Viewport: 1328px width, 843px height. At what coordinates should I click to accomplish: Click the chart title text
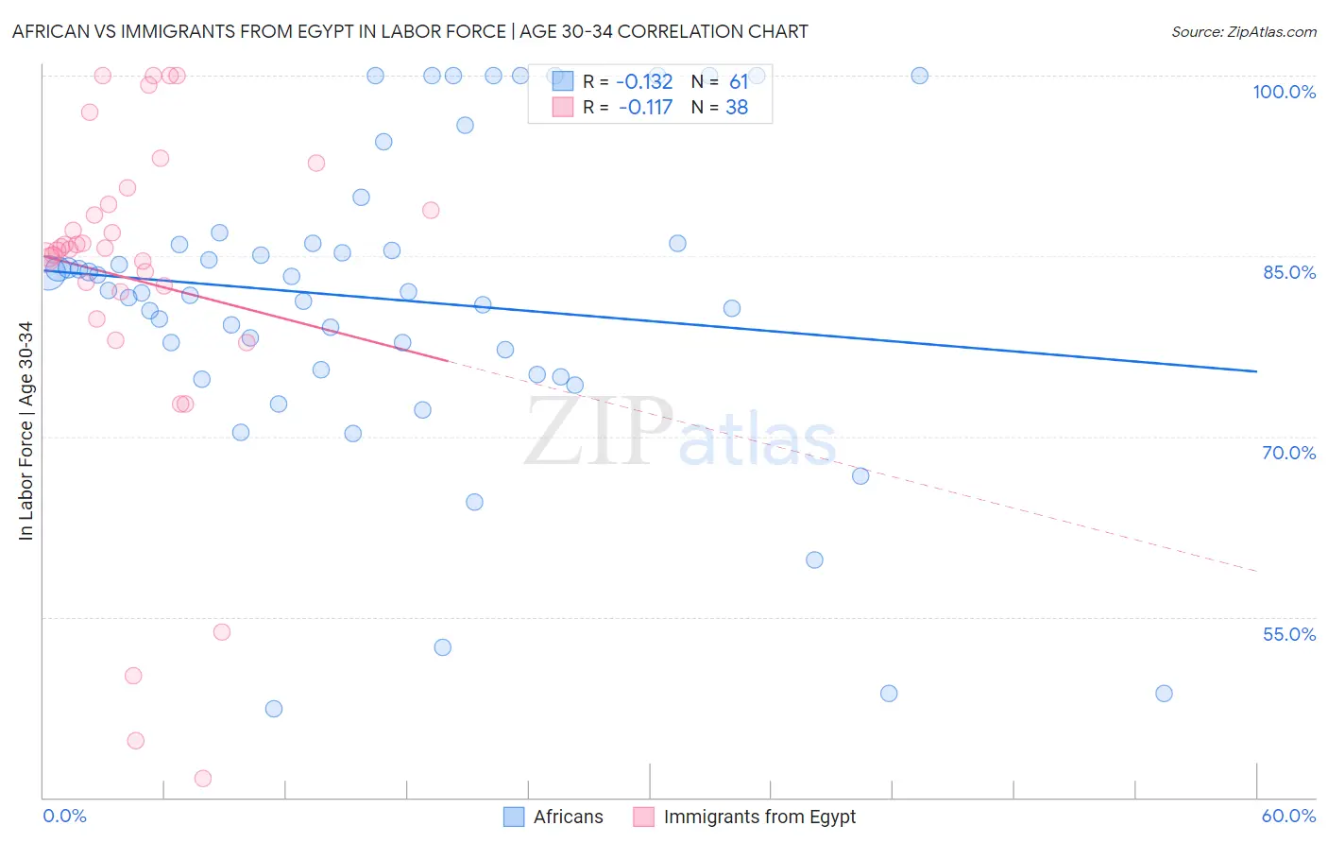[x=410, y=31]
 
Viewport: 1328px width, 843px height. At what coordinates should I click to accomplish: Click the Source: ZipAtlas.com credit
[x=1243, y=31]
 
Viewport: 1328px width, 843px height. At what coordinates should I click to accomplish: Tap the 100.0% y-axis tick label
[x=1284, y=92]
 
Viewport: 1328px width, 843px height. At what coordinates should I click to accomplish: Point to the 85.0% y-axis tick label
[x=1288, y=272]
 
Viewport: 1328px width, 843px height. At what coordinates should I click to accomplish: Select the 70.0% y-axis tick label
[x=1288, y=453]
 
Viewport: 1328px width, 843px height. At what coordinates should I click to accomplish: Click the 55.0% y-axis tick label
[x=1288, y=634]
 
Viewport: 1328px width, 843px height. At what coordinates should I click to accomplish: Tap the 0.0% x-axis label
[x=64, y=816]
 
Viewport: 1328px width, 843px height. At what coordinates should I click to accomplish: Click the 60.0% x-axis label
[x=1288, y=816]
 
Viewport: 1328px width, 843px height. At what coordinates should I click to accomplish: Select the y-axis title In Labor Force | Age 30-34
[x=26, y=431]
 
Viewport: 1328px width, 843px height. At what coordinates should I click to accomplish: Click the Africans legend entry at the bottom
[x=553, y=817]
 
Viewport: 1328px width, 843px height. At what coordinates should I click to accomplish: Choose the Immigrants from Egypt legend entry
[x=745, y=817]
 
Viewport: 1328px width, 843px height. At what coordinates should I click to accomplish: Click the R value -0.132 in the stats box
[x=644, y=82]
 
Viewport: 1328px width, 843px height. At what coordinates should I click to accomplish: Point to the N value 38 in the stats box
[x=737, y=108]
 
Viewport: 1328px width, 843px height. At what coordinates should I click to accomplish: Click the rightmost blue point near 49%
[x=1164, y=694]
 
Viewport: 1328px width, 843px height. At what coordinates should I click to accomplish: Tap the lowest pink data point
[x=203, y=779]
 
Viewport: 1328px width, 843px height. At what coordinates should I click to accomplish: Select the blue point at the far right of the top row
[x=919, y=76]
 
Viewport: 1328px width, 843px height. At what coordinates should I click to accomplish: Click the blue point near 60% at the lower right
[x=814, y=559]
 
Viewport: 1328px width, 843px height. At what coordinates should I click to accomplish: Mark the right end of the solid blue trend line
[x=1256, y=371]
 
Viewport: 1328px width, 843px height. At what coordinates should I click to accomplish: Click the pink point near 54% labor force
[x=222, y=632]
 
